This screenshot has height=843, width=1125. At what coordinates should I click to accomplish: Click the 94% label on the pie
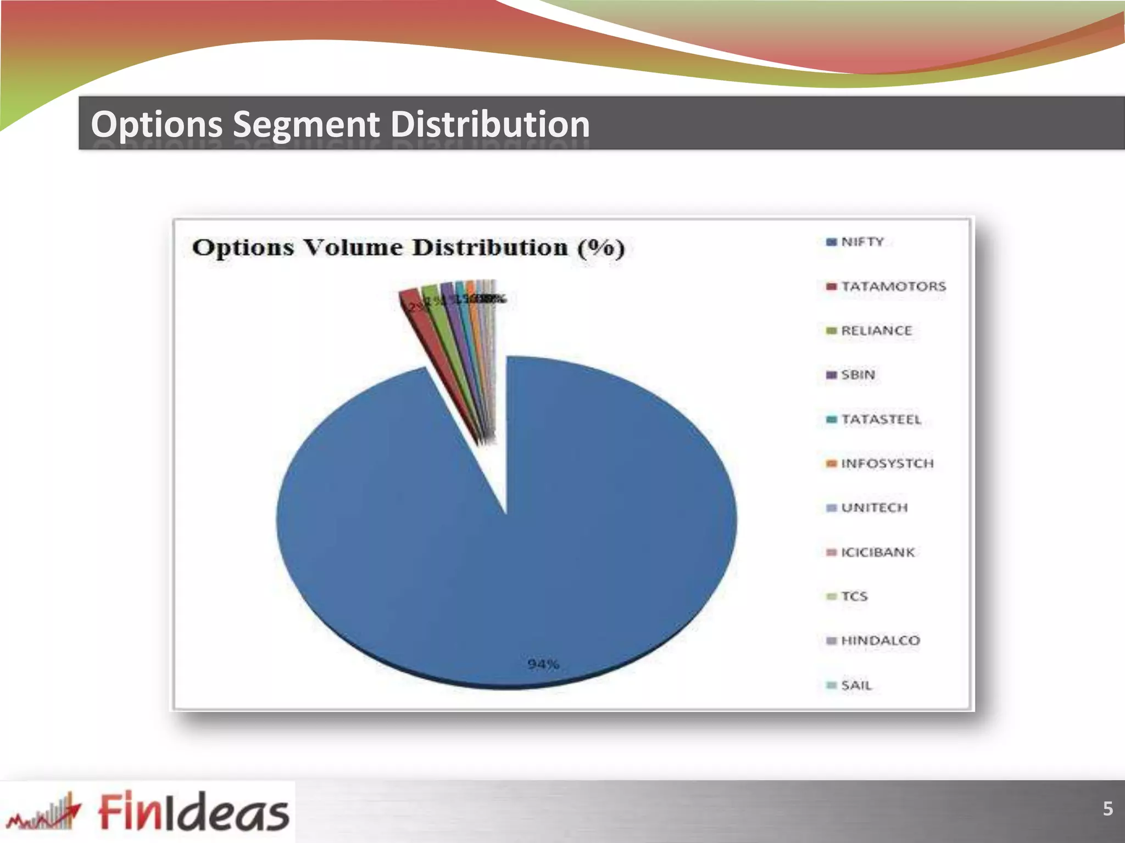tap(543, 664)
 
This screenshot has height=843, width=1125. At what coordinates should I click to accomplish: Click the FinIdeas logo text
tap(193, 811)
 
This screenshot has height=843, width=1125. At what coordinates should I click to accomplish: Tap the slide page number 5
tap(1107, 808)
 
